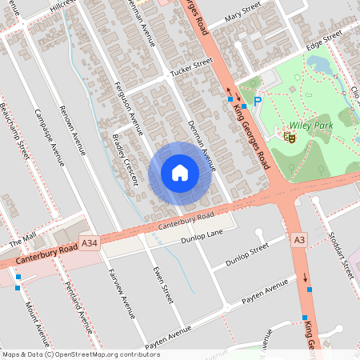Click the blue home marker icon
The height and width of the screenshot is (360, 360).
[x=180, y=173]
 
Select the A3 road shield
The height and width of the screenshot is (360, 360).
[x=300, y=239]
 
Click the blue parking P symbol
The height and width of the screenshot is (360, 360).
[x=258, y=101]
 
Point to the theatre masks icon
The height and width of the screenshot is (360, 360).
[x=290, y=137]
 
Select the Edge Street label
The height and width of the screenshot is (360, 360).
[x=324, y=38]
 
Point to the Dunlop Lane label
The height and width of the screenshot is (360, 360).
[x=201, y=235]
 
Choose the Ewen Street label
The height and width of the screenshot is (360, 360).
[x=162, y=285]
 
